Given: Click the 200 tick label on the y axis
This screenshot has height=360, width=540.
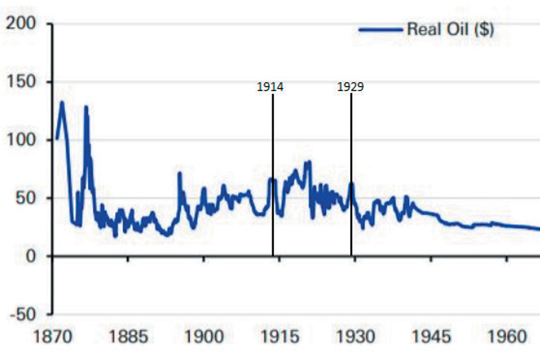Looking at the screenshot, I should [21, 24].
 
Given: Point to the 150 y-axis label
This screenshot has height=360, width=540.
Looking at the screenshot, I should [21, 82].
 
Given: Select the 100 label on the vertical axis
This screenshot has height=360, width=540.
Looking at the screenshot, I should [21, 140].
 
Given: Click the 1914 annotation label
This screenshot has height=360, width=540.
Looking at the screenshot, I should [270, 87].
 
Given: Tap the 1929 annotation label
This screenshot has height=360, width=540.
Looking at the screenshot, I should [351, 87].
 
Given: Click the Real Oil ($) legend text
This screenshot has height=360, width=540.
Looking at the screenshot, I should [451, 29].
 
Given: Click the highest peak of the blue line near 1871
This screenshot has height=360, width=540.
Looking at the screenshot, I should [62, 102].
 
